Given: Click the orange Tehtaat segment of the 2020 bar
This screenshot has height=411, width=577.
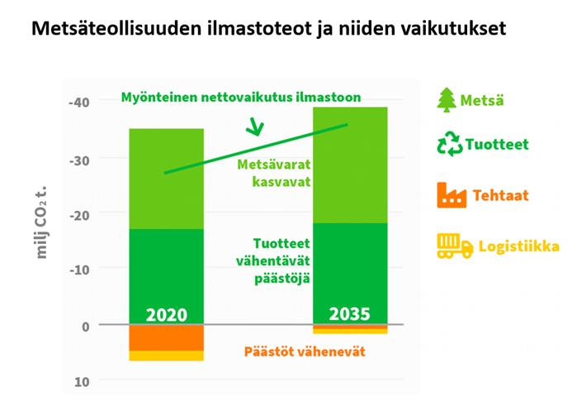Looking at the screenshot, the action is pyautogui.click(x=166, y=338).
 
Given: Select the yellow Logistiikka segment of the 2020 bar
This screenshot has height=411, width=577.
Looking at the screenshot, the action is pyautogui.click(x=166, y=356).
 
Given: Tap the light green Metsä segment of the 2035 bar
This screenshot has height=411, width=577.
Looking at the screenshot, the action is pyautogui.click(x=350, y=165).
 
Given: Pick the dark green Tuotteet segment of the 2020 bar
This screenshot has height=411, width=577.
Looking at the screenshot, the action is pyautogui.click(x=166, y=277).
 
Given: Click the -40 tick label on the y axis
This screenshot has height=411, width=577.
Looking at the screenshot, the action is pyautogui.click(x=79, y=102).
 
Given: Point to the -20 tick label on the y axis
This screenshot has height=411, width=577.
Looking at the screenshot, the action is pyautogui.click(x=79, y=215).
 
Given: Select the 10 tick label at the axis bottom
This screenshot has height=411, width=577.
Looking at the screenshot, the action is pyautogui.click(x=82, y=382).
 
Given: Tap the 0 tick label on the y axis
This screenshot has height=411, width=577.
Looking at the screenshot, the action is pyautogui.click(x=86, y=327).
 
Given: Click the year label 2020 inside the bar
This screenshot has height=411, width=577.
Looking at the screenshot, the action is pyautogui.click(x=167, y=315).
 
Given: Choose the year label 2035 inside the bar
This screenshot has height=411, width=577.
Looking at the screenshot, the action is pyautogui.click(x=350, y=314).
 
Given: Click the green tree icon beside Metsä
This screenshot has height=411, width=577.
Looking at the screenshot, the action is pyautogui.click(x=447, y=100).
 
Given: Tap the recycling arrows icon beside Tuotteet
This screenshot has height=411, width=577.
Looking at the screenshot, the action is pyautogui.click(x=449, y=144).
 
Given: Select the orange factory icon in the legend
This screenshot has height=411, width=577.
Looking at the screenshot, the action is pyautogui.click(x=452, y=195).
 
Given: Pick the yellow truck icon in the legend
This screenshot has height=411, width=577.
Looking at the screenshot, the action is pyautogui.click(x=455, y=246).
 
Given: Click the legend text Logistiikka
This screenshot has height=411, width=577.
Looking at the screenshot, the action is pyautogui.click(x=519, y=246).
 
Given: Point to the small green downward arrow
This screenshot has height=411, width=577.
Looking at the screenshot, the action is pyautogui.click(x=255, y=127).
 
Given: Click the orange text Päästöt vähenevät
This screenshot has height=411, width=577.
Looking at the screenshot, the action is pyautogui.click(x=305, y=351).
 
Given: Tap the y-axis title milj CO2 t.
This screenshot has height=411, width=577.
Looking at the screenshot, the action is pyautogui.click(x=41, y=222).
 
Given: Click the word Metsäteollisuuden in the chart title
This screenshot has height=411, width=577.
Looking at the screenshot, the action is pyautogui.click(x=116, y=28).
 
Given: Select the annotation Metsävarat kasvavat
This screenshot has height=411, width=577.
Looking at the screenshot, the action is pyautogui.click(x=274, y=173).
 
